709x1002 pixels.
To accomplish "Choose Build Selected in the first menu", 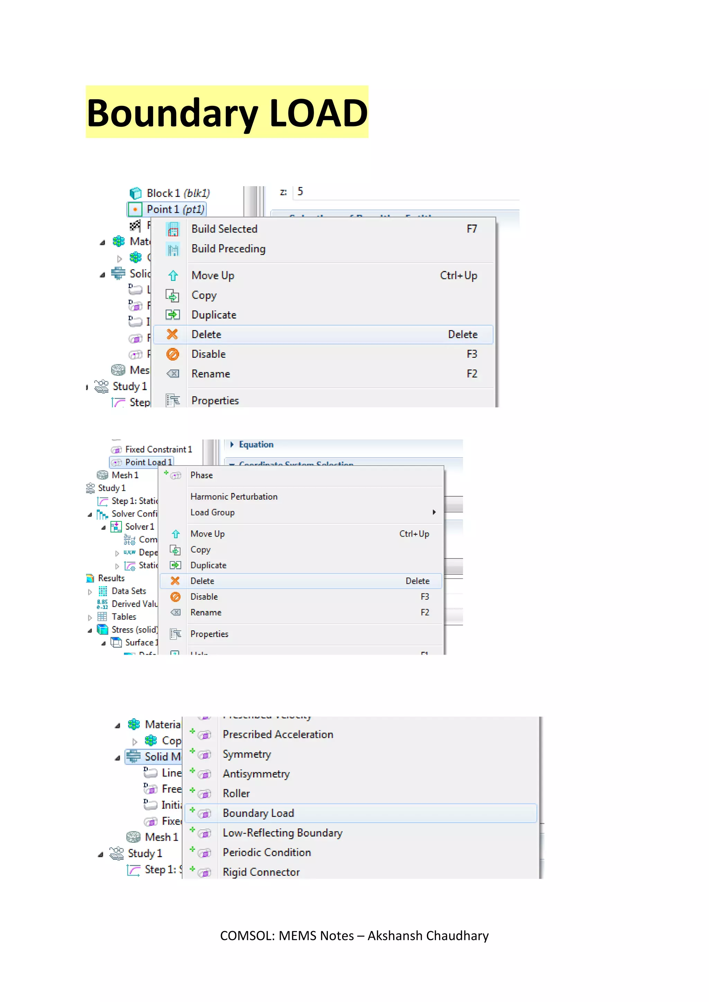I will [x=224, y=229].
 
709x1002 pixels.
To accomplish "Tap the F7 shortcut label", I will [x=472, y=229].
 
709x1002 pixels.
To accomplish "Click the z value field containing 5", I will [x=406, y=192].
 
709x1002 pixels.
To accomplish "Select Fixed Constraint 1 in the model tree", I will [x=158, y=449].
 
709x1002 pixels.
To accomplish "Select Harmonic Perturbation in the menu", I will [x=234, y=497].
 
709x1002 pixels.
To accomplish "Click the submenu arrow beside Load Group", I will [x=434, y=512].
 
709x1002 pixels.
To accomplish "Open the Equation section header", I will [x=256, y=445].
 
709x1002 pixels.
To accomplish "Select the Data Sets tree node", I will [x=129, y=591].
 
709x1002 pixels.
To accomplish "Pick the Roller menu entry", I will [x=236, y=794].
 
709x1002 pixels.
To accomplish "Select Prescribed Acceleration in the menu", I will [x=278, y=735].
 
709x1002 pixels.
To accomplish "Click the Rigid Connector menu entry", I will [x=261, y=872].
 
